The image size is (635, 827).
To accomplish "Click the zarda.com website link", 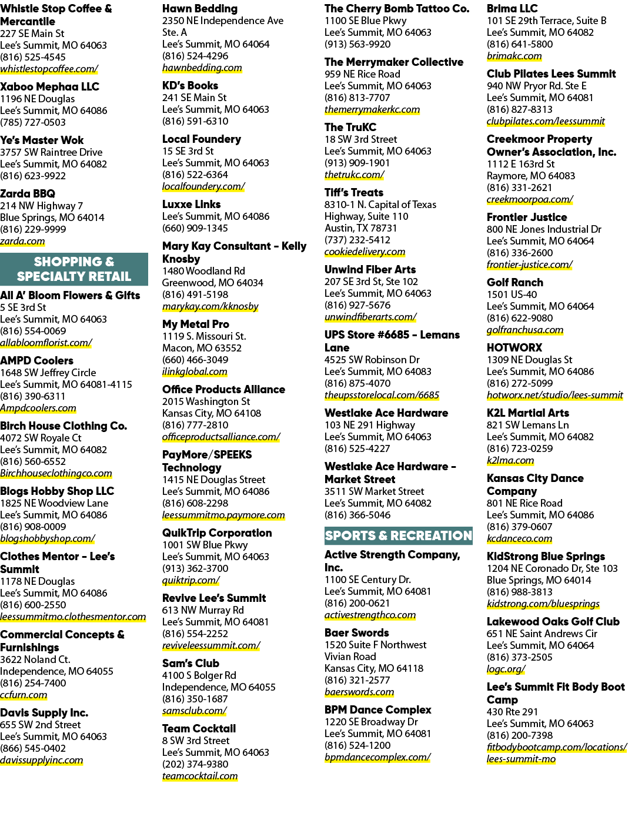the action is pyautogui.click(x=22, y=242).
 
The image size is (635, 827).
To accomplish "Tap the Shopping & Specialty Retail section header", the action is pyautogui.click(x=74, y=269).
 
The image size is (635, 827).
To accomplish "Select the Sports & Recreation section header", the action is pyautogui.click(x=398, y=536).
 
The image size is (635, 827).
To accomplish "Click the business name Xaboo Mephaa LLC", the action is pyautogui.click(x=49, y=87).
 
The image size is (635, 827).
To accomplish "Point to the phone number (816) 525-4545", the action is pyautogui.click(x=33, y=57).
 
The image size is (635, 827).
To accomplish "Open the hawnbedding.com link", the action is pyautogui.click(x=202, y=68).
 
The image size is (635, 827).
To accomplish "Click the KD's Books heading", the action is pyautogui.click(x=190, y=86).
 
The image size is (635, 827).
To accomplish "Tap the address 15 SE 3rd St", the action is pyautogui.click(x=188, y=151).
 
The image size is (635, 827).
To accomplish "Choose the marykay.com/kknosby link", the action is pyautogui.click(x=210, y=306).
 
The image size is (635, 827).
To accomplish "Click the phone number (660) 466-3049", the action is pyautogui.click(x=195, y=360).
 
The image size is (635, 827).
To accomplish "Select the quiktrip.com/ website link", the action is pyautogui.click(x=190, y=580).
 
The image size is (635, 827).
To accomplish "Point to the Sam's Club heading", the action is pyautogui.click(x=190, y=664).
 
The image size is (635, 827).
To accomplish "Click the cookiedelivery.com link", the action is pyautogui.click(x=365, y=252).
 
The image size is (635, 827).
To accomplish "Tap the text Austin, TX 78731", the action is pyautogui.click(x=360, y=228).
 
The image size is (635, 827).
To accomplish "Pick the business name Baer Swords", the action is pyautogui.click(x=357, y=633).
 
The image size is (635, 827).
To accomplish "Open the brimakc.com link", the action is pyautogui.click(x=514, y=56).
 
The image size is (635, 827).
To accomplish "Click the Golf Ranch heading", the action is pyautogui.click(x=514, y=282).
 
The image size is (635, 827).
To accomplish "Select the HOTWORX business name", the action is pyautogui.click(x=514, y=347).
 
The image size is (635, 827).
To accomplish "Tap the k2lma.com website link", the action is pyautogui.click(x=510, y=460).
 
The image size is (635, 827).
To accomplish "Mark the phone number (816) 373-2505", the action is pyautogui.click(x=519, y=657).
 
